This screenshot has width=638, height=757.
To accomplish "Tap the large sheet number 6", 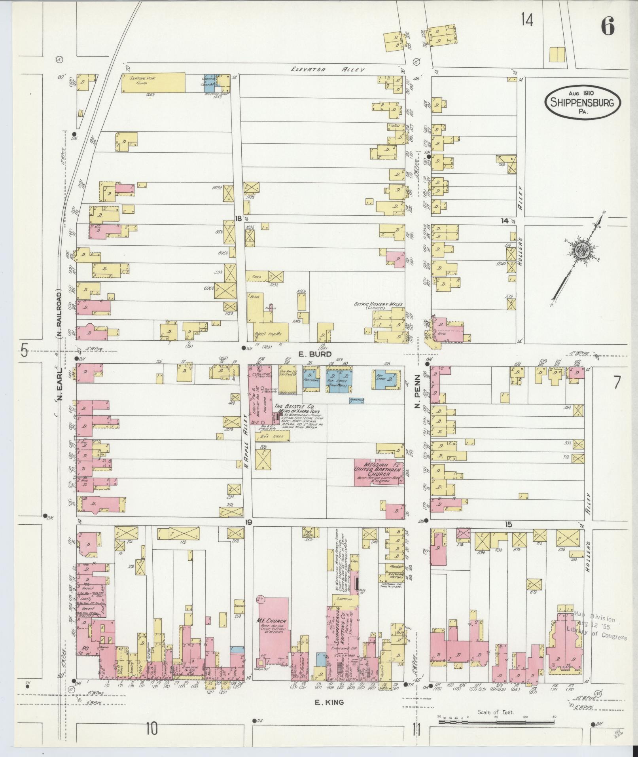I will click(x=607, y=27).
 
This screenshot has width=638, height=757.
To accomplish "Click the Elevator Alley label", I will click(x=327, y=70).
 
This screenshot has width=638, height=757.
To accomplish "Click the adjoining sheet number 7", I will click(x=617, y=383).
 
